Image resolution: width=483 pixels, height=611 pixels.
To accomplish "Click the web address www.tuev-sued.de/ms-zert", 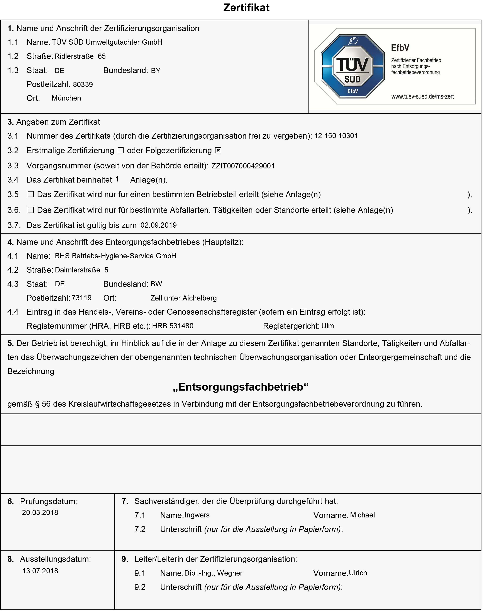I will [x=422, y=97].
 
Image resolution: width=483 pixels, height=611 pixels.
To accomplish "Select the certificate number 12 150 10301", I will [x=336, y=136].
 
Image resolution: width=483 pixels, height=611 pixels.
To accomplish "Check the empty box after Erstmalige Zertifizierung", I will [x=120, y=151].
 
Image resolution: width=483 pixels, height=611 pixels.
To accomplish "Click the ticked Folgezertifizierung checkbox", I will [x=218, y=151].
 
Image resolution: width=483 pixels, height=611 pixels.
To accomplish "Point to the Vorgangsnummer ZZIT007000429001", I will [x=243, y=166].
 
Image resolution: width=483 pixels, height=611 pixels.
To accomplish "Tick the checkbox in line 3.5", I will [x=31, y=194].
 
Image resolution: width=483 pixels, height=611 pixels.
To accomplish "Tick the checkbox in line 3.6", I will [x=31, y=210].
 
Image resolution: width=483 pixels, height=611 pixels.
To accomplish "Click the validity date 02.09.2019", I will [x=158, y=225].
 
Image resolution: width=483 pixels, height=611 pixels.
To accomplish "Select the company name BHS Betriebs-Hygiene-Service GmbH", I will [x=115, y=256].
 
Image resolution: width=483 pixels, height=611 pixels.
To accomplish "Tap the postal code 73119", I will [x=82, y=298].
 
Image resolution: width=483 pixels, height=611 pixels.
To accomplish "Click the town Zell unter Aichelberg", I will [x=183, y=298].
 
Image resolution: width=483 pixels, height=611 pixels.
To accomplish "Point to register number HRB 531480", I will [x=173, y=326].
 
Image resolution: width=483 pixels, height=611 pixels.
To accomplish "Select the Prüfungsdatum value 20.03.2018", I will [x=40, y=513].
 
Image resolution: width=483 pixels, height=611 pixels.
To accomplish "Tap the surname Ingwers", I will [x=197, y=515].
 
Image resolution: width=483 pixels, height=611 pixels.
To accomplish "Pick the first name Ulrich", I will [x=358, y=573].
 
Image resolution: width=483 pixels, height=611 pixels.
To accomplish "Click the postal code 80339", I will [x=83, y=84].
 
